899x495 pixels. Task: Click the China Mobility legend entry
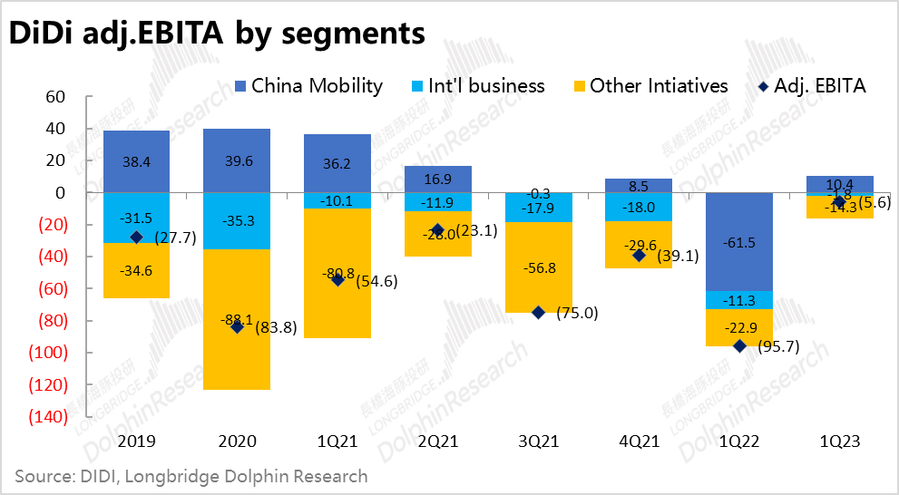(308, 86)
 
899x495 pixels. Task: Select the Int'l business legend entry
(477, 86)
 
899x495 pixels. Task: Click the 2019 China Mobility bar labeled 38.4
(136, 161)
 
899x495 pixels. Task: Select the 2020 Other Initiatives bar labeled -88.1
(237, 319)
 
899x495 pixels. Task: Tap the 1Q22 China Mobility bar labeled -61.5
(738, 242)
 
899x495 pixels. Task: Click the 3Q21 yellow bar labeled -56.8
(538, 267)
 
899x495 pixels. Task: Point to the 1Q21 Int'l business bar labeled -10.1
(337, 200)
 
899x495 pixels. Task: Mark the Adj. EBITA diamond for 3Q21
(539, 313)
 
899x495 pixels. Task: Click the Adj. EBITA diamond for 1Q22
(739, 346)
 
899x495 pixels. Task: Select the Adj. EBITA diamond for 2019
(136, 238)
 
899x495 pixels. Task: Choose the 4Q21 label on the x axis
(639, 442)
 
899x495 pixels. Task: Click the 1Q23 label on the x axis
(839, 442)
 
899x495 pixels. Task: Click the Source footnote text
(191, 476)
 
